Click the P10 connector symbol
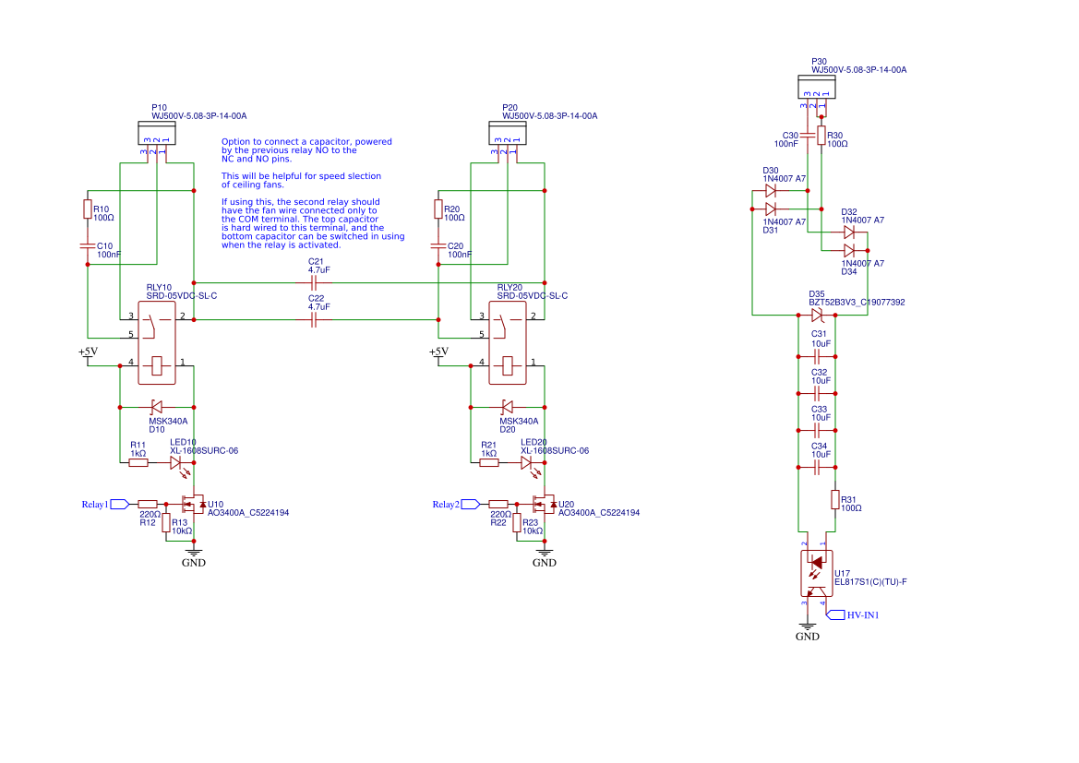(x=156, y=134)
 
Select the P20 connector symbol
(x=507, y=134)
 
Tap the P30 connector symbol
(x=816, y=87)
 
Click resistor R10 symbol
(x=88, y=210)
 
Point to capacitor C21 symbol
(x=316, y=282)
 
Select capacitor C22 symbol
(x=316, y=319)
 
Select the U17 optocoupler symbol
(x=816, y=573)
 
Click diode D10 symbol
(x=157, y=406)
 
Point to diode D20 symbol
(x=508, y=406)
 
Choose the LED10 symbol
(x=175, y=463)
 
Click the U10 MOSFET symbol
(x=194, y=504)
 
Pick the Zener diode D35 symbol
(x=816, y=316)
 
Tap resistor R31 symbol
(x=834, y=500)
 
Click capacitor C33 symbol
(x=816, y=430)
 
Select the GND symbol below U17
(x=807, y=627)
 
